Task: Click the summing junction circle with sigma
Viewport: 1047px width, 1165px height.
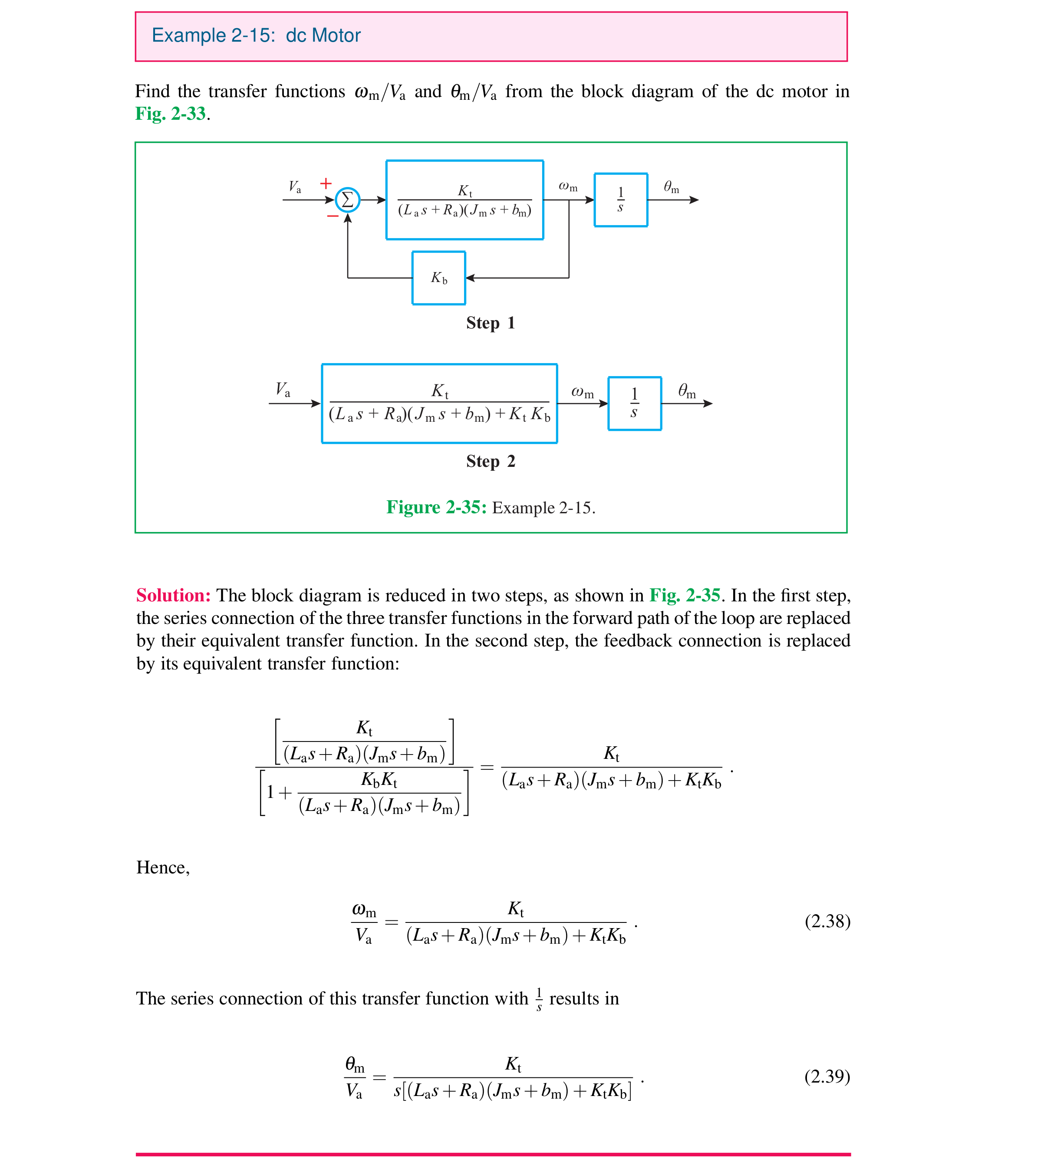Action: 347,200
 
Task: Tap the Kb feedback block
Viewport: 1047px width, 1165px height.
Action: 438,278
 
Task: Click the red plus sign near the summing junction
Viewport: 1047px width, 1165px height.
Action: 326,184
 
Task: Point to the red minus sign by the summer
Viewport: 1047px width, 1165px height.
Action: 333,216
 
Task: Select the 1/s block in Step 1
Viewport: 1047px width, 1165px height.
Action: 621,200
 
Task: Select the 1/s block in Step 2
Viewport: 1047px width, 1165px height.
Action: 635,404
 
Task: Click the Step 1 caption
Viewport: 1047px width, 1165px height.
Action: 490,323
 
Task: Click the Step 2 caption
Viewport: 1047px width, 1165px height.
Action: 490,462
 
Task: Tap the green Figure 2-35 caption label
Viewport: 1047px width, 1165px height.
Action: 436,508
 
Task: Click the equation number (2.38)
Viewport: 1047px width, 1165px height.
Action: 826,922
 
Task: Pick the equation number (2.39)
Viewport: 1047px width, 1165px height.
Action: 826,1076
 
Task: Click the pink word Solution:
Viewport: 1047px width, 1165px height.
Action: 173,596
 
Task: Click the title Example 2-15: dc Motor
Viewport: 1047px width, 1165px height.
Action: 256,36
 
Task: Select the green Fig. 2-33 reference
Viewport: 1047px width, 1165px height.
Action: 170,114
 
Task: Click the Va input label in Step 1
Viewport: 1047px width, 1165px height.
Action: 295,187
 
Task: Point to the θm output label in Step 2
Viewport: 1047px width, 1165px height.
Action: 687,392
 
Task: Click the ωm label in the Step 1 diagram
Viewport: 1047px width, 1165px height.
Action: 568,187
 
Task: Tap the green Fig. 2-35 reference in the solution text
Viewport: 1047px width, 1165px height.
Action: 685,596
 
